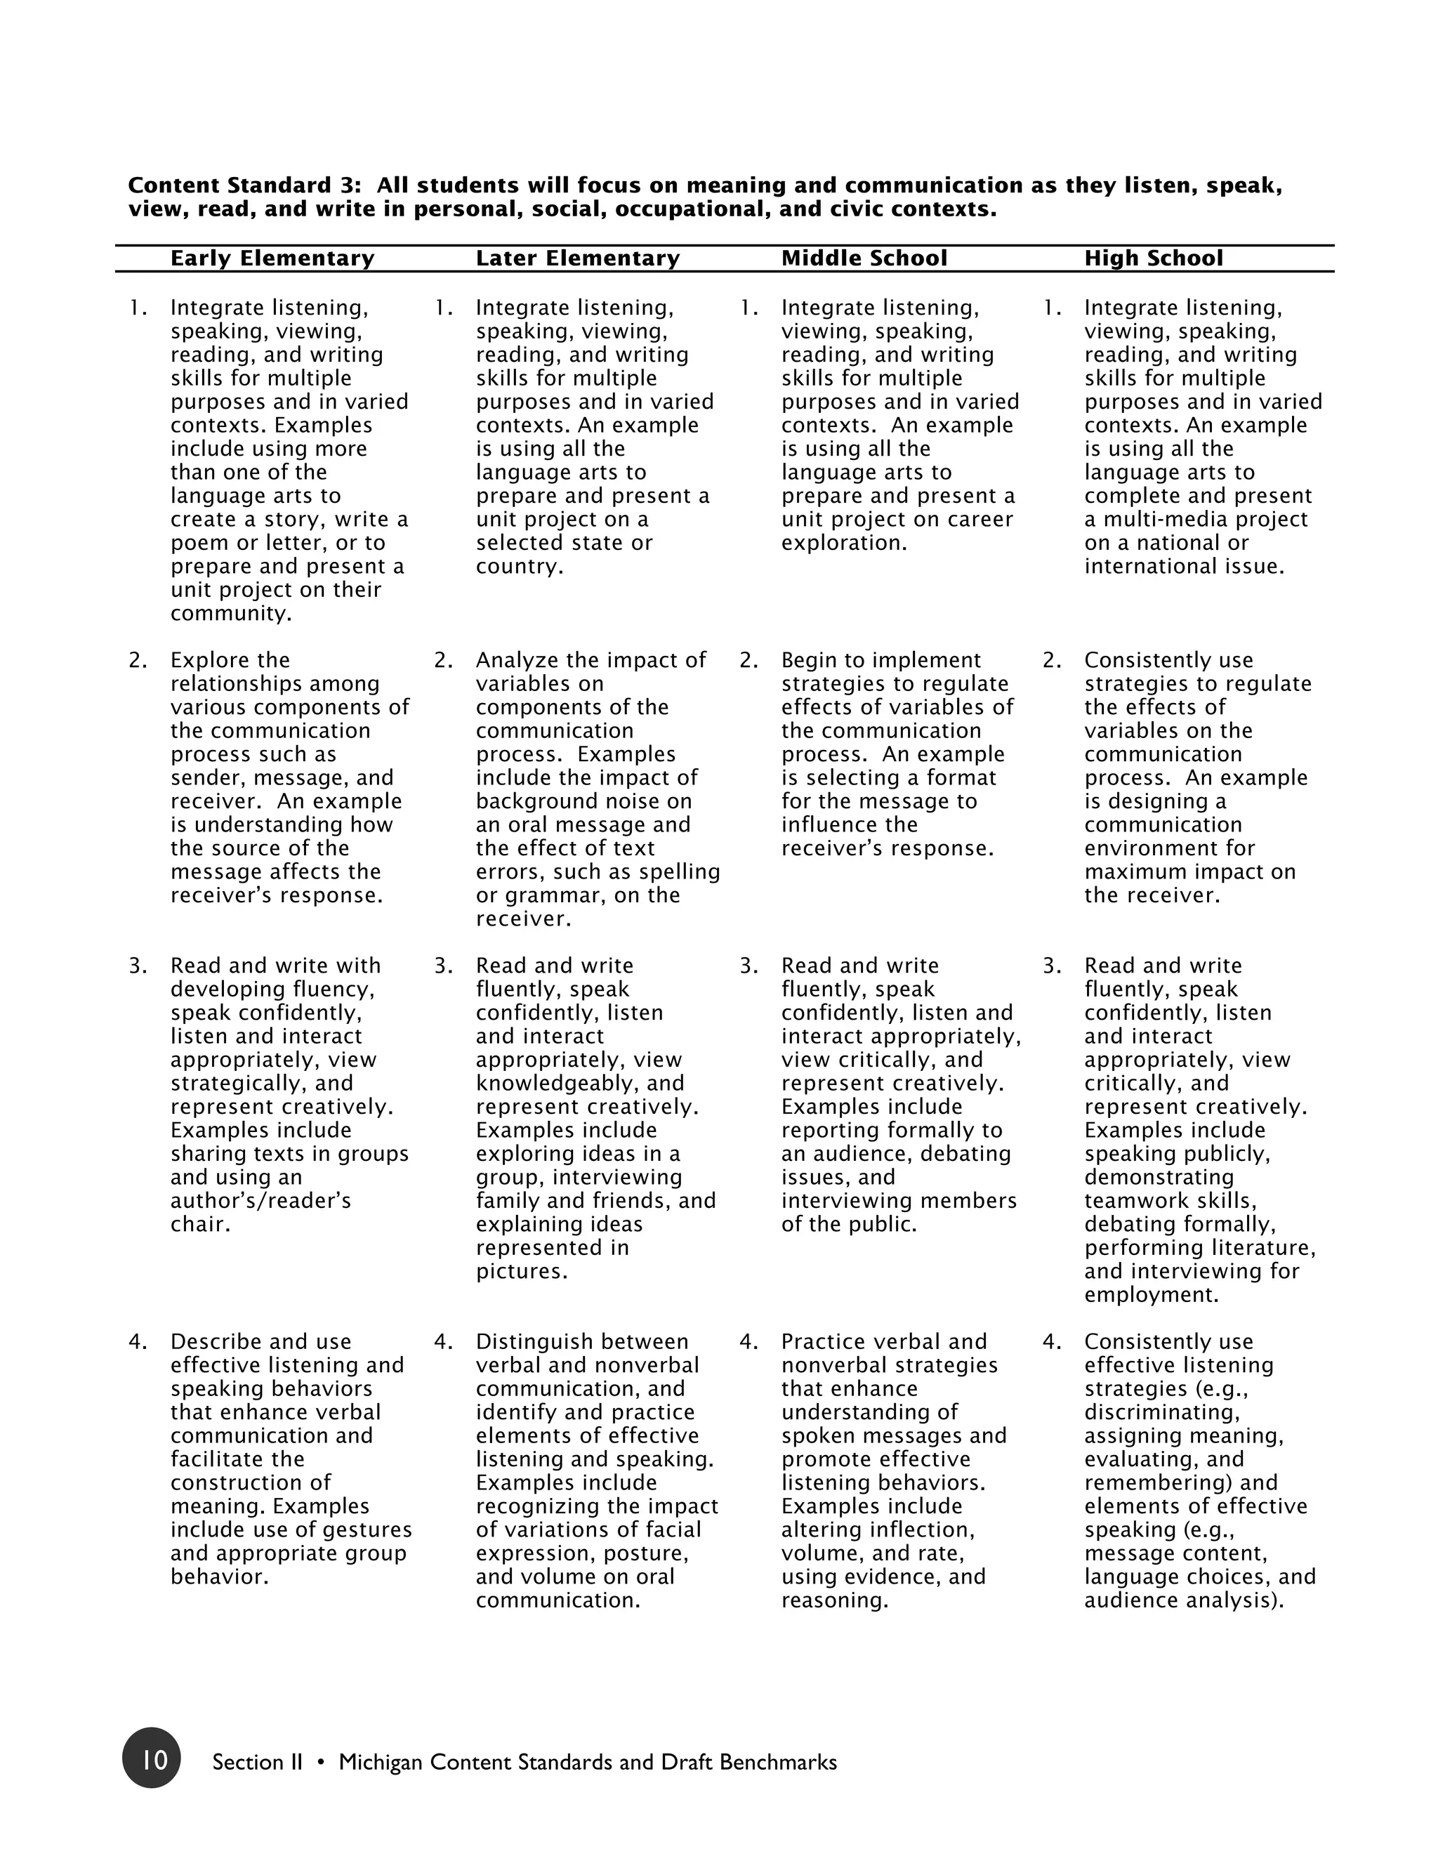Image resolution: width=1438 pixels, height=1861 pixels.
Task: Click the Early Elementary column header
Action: [x=272, y=258]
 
